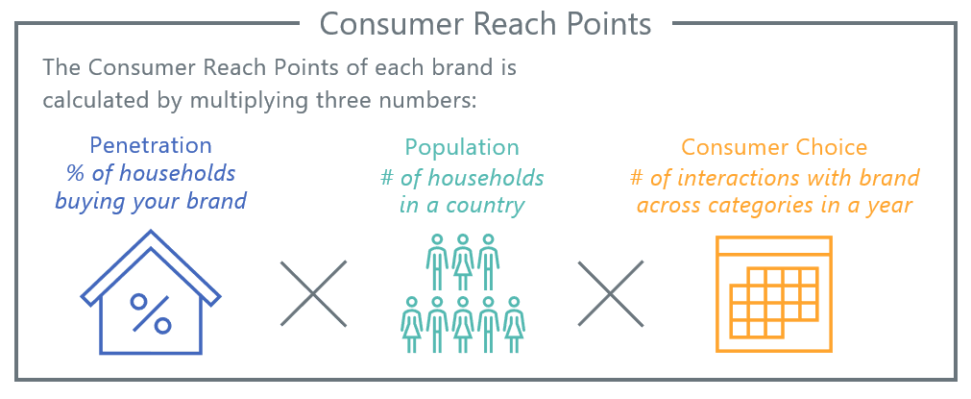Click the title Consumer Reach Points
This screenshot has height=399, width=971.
486,23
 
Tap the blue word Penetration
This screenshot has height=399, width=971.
151,145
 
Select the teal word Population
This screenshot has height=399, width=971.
462,148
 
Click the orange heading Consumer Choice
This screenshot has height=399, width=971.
774,147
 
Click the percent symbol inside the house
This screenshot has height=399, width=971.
151,312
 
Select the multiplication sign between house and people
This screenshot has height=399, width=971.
313,293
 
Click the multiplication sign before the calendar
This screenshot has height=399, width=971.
611,293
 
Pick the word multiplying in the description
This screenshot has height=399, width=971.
242,100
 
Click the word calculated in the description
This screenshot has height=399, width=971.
97,100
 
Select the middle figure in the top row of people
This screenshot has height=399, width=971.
463,262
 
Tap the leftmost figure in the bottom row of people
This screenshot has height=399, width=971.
412,325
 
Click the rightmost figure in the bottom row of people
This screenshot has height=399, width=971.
514,325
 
